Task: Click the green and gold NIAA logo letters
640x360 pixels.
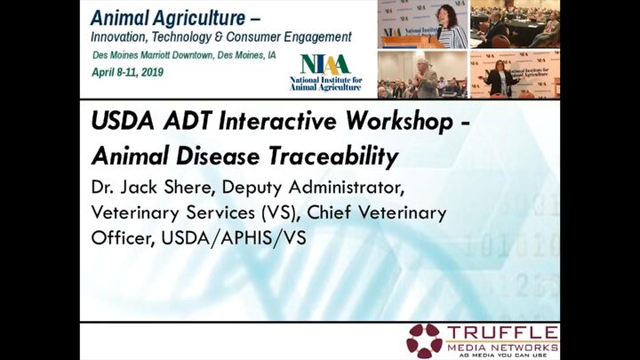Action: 325,65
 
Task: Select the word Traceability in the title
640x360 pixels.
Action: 333,156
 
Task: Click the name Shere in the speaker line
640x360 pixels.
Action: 189,188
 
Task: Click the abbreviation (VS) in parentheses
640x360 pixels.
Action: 278,213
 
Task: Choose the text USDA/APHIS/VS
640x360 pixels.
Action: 234,238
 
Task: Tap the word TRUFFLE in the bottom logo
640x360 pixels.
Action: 502,332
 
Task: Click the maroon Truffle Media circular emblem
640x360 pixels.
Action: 425,340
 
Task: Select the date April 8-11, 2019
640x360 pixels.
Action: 127,73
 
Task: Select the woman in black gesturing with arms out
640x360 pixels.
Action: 500,78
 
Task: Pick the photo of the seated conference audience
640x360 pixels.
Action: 515,24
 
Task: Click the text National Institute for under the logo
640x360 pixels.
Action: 325,80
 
